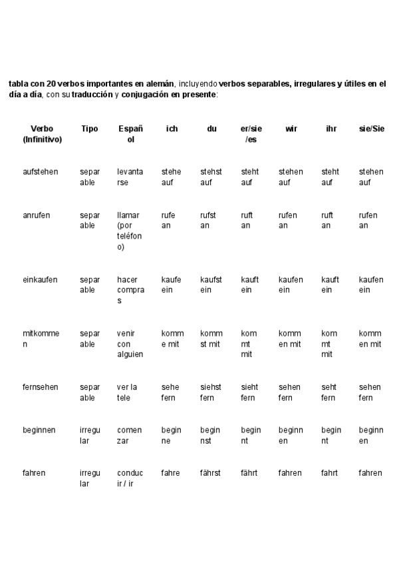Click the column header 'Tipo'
89,129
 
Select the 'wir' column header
291,129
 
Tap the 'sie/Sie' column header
371,129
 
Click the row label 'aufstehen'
41,172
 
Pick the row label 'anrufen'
37,215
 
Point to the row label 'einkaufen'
40,280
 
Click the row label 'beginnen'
39,430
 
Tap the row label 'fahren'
34,473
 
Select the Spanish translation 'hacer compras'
130,290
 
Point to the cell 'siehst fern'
211,392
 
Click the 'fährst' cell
210,473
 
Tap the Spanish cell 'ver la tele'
127,392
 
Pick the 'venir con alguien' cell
130,344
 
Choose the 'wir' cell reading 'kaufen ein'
291,285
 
